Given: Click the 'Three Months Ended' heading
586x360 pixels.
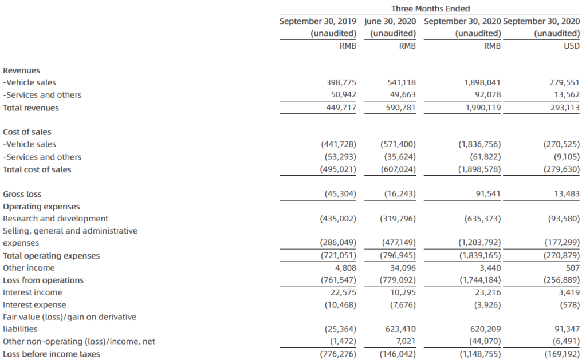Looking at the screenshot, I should pyautogui.click(x=430, y=9).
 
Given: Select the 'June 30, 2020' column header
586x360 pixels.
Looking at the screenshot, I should pyautogui.click(x=390, y=21).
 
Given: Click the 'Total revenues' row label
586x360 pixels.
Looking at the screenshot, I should pyautogui.click(x=31, y=108).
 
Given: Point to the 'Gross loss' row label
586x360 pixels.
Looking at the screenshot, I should pyautogui.click(x=22, y=194).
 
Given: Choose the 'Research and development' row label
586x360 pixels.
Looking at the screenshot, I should pyautogui.click(x=56, y=219).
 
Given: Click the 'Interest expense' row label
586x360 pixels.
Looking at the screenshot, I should pyautogui.click(x=34, y=305).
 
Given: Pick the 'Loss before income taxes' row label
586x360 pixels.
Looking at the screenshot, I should pyautogui.click(x=51, y=354).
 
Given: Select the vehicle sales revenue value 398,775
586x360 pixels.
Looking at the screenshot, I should pyautogui.click(x=341, y=83).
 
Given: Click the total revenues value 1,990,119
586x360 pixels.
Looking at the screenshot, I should pyautogui.click(x=482, y=108).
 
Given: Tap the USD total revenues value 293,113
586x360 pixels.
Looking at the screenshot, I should pyautogui.click(x=564, y=108).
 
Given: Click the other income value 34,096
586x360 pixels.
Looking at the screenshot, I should pyautogui.click(x=402, y=268).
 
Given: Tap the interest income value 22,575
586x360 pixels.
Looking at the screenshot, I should pyautogui.click(x=343, y=292).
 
